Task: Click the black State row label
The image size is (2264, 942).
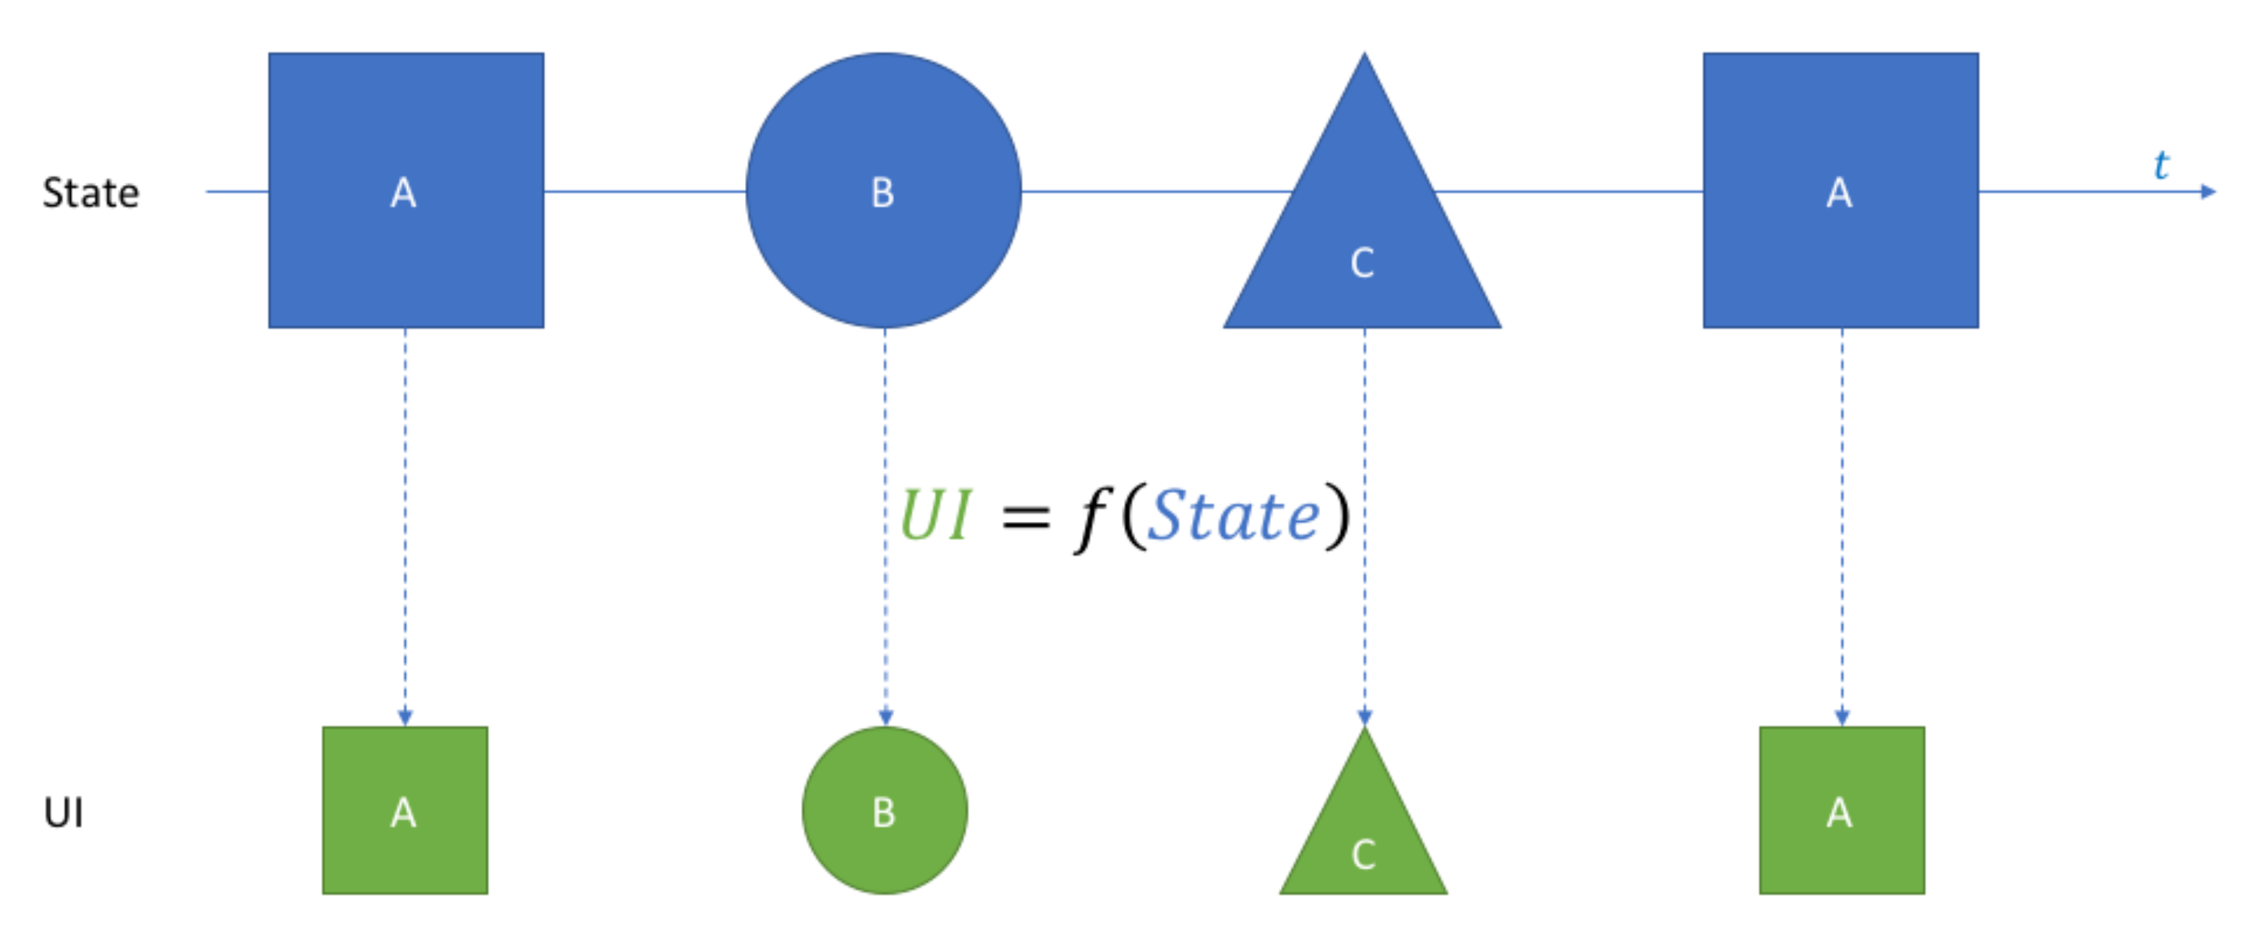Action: [90, 192]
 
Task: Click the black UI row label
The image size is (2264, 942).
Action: [63, 812]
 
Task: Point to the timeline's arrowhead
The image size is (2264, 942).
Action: [2208, 191]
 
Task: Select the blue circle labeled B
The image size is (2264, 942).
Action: [883, 191]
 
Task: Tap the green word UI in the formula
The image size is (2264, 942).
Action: [935, 515]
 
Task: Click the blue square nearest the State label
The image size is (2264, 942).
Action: [406, 191]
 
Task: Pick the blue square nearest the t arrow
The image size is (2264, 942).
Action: [1840, 191]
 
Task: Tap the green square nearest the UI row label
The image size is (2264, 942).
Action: [405, 810]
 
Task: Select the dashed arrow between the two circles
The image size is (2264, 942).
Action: [885, 527]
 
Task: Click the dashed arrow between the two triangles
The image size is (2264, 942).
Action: [1364, 527]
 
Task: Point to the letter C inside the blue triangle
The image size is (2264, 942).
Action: [1362, 262]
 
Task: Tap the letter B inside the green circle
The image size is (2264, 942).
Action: [884, 812]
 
